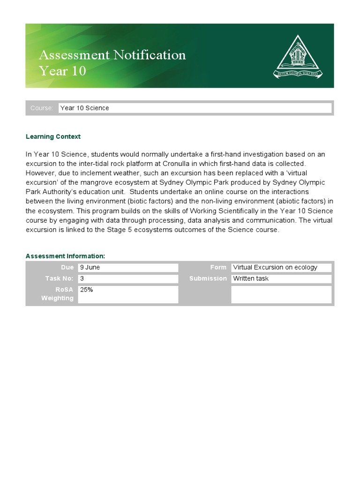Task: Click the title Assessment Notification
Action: point(112,55)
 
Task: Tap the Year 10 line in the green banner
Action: point(62,71)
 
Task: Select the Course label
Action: point(42,108)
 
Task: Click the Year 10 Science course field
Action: point(195,108)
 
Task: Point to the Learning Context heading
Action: point(53,136)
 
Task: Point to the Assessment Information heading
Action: point(65,256)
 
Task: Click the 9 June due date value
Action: point(127,268)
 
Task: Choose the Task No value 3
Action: point(127,278)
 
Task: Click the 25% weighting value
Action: point(127,294)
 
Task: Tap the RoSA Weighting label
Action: point(58,294)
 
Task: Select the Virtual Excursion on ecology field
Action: point(281,268)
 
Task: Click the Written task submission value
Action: point(281,278)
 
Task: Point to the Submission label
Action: point(208,278)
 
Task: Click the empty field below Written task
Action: point(281,294)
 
